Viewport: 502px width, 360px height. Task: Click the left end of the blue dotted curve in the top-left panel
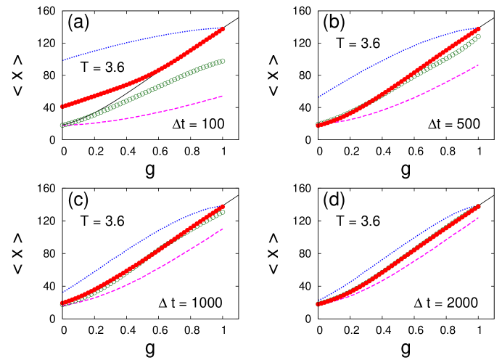click(62, 60)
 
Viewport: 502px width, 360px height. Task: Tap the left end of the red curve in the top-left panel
click(62, 107)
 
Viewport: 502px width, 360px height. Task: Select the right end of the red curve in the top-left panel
click(222, 29)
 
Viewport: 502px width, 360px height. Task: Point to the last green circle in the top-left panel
click(222, 61)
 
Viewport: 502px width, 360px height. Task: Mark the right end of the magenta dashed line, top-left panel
click(222, 96)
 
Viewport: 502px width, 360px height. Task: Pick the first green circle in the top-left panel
click(62, 125)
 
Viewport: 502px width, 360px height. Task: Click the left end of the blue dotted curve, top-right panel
click(318, 97)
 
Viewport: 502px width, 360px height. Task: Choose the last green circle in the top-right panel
click(478, 36)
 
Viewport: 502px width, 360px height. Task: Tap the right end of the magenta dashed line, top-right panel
click(478, 65)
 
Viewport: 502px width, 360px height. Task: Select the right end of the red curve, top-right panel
click(478, 29)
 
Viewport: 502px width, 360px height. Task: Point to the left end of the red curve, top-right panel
click(318, 125)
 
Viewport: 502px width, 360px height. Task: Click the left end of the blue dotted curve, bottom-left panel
click(62, 292)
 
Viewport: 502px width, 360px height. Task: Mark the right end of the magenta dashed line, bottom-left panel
click(222, 229)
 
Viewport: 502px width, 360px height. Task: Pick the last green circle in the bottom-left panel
click(222, 212)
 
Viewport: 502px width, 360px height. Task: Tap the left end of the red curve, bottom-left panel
click(62, 303)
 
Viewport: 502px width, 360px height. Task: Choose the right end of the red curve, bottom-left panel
click(222, 206)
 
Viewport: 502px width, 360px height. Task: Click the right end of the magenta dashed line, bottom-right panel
click(478, 218)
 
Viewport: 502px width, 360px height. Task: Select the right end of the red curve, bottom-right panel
click(478, 206)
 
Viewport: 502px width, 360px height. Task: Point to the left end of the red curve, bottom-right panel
click(318, 303)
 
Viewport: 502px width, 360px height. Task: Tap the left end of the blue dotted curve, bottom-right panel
click(318, 300)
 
